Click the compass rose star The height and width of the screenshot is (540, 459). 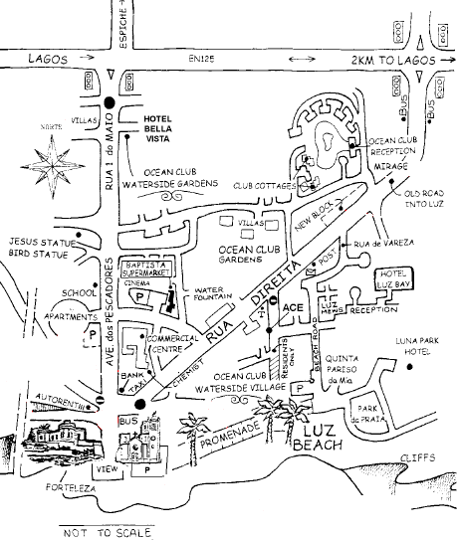(53, 160)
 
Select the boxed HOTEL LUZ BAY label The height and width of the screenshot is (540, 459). (394, 278)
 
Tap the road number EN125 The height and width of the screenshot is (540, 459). (202, 61)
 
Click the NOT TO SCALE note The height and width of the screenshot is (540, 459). (103, 532)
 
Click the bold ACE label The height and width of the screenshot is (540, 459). (293, 309)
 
